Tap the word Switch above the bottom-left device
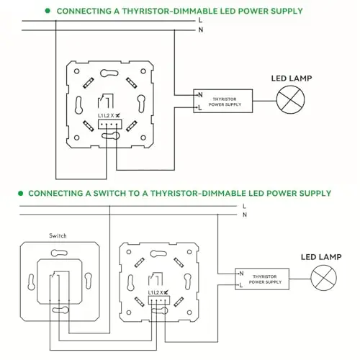click(58, 235)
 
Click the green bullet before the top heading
click(48, 11)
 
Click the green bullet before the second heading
click(21, 193)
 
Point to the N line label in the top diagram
click(201, 30)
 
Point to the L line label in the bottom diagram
click(244, 206)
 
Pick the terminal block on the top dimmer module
click(109, 124)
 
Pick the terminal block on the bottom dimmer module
click(159, 300)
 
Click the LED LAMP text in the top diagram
click(292, 78)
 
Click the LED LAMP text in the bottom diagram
click(321, 257)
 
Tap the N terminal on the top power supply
click(200, 95)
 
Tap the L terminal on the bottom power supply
click(241, 285)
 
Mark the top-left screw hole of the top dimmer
click(77, 71)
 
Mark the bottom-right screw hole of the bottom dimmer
click(189, 312)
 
